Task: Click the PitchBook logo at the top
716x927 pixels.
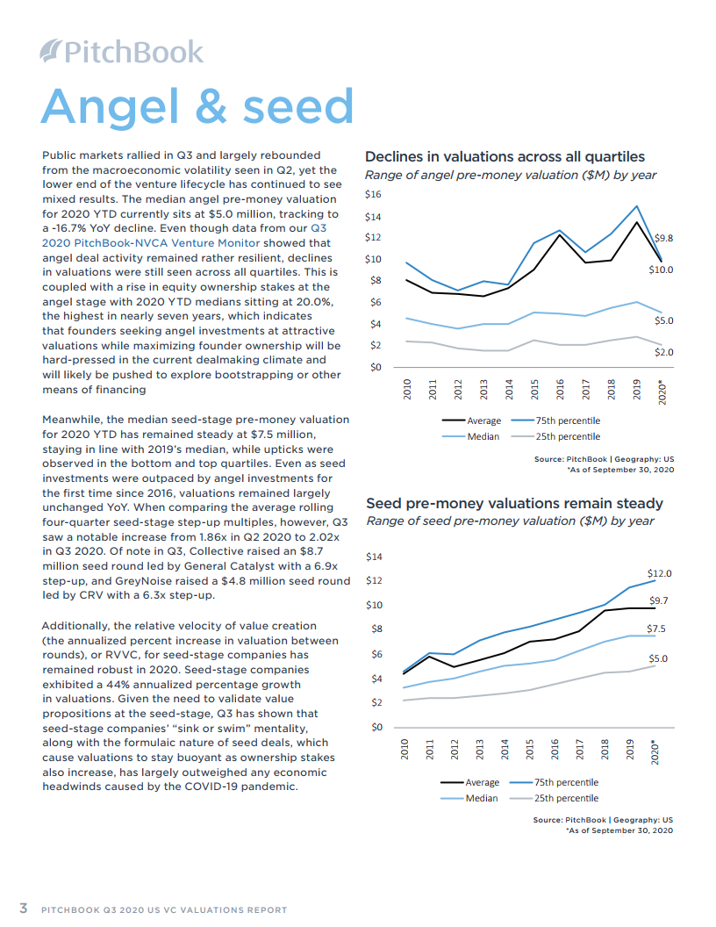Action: click(x=122, y=52)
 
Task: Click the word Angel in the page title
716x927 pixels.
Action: click(x=105, y=106)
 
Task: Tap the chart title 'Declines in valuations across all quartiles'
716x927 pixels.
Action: click(x=505, y=157)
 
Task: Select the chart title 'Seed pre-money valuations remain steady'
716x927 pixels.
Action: click(x=514, y=504)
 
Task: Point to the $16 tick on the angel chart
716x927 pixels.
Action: click(x=373, y=194)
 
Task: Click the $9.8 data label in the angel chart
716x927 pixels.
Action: click(x=664, y=238)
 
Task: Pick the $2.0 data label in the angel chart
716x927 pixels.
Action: click(x=663, y=352)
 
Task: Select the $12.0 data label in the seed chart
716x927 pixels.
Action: click(x=660, y=573)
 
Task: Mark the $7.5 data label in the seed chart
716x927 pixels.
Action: click(x=656, y=629)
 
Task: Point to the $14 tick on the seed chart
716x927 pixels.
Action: click(x=373, y=557)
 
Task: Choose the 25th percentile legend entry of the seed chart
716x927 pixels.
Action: click(x=566, y=798)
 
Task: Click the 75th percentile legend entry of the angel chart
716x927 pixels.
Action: click(x=569, y=421)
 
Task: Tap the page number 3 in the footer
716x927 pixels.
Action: click(x=25, y=908)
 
